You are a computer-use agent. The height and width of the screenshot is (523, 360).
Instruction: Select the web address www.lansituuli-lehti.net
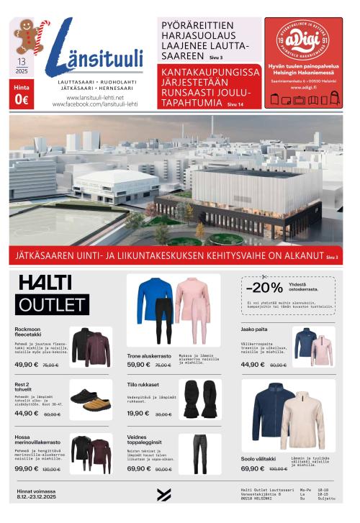click(95, 97)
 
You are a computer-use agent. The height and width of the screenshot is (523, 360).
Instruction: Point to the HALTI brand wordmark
click(45, 282)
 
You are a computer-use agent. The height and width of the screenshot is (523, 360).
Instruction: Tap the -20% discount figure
click(264, 287)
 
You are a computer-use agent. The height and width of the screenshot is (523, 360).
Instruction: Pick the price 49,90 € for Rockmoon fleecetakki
click(27, 365)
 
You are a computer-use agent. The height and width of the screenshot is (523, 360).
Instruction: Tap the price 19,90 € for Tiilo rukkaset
click(138, 413)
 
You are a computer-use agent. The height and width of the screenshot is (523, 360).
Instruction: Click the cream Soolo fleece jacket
click(302, 420)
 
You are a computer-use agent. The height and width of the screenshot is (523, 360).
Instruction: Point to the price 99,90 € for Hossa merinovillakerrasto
click(27, 468)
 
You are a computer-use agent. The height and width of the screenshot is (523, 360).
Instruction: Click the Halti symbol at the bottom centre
click(163, 495)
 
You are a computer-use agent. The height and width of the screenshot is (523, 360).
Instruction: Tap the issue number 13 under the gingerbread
click(22, 63)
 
